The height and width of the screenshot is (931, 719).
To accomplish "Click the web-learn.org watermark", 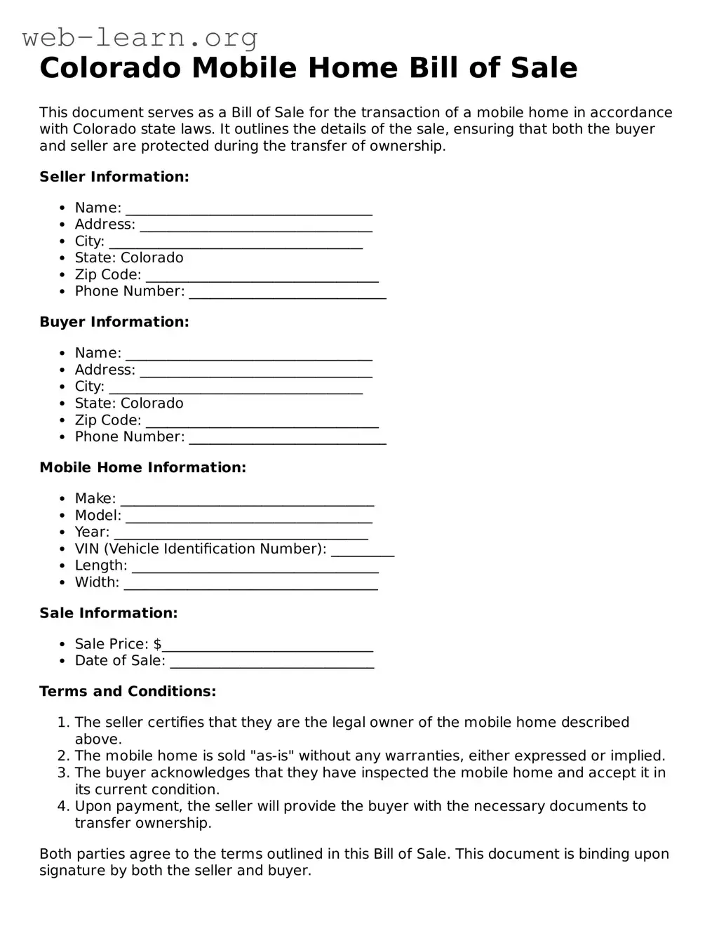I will pos(140,36).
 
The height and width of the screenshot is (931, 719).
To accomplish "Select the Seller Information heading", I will pos(114,177).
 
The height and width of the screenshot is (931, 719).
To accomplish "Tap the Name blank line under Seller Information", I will pos(248,210).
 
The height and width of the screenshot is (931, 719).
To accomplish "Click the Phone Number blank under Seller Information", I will pos(288,293).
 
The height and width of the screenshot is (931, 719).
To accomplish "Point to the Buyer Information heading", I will pos(114,322).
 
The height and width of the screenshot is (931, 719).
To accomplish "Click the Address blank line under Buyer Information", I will pos(256,372).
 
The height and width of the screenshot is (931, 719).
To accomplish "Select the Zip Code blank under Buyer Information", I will pos(262,422).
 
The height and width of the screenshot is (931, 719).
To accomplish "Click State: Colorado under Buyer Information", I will pos(129,403).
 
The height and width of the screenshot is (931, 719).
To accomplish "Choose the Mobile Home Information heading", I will pos(143,467).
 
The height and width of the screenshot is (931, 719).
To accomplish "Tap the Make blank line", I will pos(247,500).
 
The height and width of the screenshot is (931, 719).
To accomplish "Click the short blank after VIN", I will pos(363,551).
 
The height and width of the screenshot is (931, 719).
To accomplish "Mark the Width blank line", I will pos(250,584).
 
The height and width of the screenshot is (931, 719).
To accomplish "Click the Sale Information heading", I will pos(109,613).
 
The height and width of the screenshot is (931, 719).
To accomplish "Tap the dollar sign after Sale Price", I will pos(158,644).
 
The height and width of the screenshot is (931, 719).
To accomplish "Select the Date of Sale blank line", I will pos(272,663).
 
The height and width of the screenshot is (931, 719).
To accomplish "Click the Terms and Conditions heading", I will pos(128,692).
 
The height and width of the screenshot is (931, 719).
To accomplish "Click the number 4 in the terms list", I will pos(62,807).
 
